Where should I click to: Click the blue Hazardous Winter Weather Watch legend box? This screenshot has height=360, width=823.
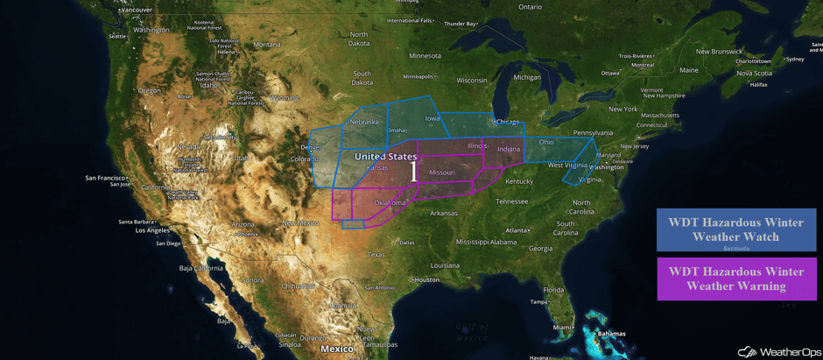736,229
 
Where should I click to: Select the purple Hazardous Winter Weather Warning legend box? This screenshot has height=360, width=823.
736,278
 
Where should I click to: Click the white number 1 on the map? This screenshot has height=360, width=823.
413,171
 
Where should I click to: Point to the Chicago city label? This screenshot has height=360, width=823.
508,122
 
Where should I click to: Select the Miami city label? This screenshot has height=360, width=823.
564,327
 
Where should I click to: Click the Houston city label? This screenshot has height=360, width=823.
426,279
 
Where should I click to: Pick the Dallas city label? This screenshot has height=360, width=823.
406,243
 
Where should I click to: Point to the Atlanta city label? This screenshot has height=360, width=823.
517,230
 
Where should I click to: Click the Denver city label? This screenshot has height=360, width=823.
312,147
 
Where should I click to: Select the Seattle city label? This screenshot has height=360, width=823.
117,37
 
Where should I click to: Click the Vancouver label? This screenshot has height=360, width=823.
135,10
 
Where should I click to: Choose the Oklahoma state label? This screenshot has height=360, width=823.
390,202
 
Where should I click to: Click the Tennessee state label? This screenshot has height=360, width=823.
511,201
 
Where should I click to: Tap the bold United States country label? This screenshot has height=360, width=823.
385,157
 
